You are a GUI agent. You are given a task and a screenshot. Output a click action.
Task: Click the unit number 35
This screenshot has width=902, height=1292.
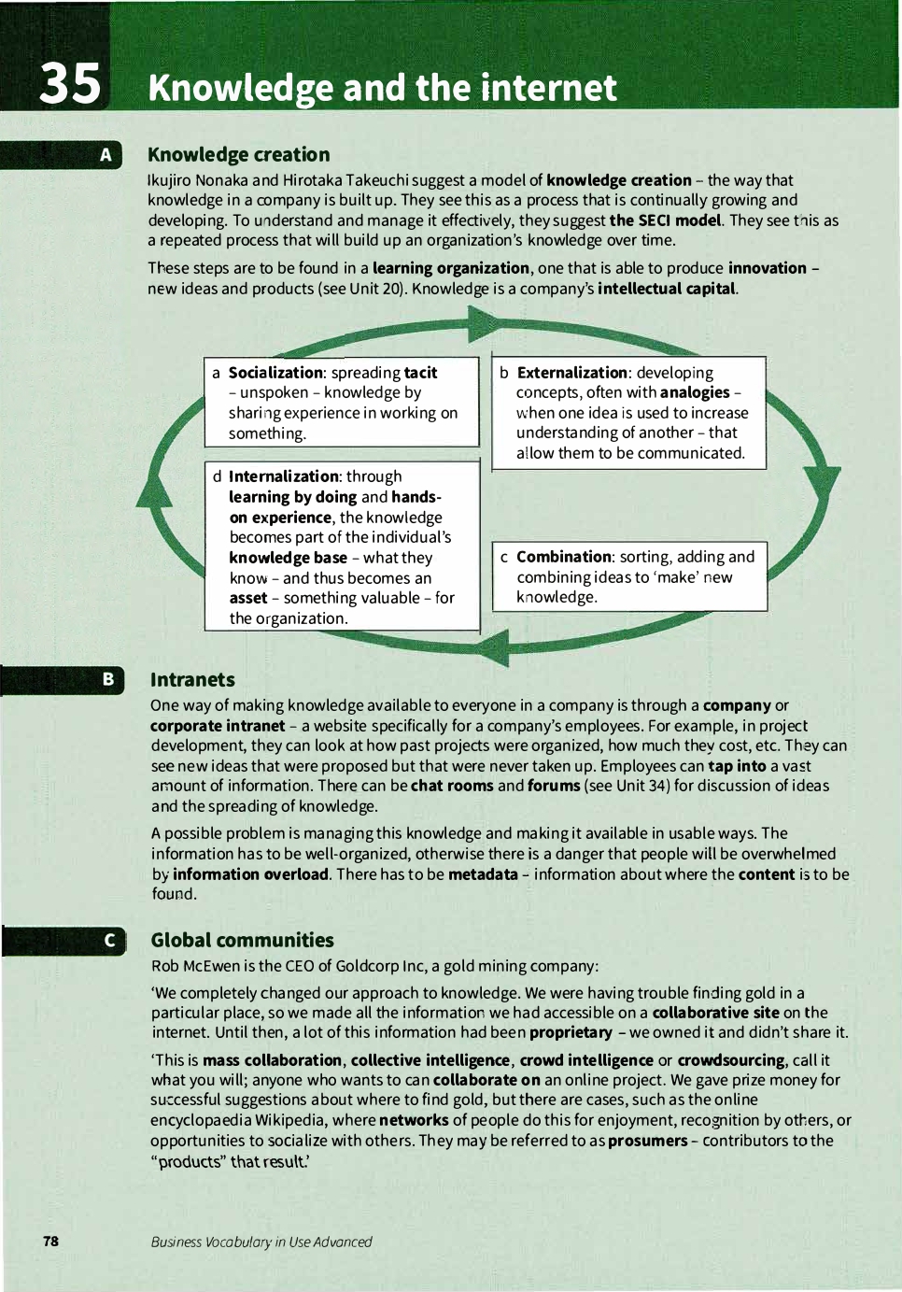coord(70,84)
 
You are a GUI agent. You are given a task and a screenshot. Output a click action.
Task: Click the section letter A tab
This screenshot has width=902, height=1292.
coord(106,155)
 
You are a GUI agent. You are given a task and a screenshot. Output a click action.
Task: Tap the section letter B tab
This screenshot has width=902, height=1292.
coord(107,679)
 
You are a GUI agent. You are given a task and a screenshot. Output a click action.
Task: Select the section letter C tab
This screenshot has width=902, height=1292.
coord(109,941)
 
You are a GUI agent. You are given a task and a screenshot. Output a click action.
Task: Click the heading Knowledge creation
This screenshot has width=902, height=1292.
coord(238,155)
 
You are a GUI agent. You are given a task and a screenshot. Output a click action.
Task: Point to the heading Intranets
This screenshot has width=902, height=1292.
coord(192,680)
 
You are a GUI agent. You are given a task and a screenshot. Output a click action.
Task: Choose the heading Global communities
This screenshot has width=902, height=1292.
coord(242,941)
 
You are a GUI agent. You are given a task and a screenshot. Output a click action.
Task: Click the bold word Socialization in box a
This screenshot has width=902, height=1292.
coord(275,373)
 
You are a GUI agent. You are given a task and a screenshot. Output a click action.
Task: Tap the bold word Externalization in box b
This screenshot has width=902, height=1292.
coord(571,373)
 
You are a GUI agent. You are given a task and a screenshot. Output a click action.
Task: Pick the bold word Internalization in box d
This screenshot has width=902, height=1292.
coord(284,476)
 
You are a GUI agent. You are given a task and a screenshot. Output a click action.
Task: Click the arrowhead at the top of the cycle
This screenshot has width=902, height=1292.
coord(484,324)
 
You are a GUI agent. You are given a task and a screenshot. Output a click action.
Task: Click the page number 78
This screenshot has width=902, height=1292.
coord(50,1241)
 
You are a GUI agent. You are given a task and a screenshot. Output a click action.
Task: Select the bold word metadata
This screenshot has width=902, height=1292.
coord(483,874)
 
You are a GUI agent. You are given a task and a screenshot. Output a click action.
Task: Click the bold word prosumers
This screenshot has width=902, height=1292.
coord(647,1141)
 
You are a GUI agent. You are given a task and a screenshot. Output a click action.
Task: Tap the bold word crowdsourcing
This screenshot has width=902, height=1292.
coord(730,1060)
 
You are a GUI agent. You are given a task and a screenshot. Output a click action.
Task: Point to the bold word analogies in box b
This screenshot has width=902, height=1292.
coord(695,392)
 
